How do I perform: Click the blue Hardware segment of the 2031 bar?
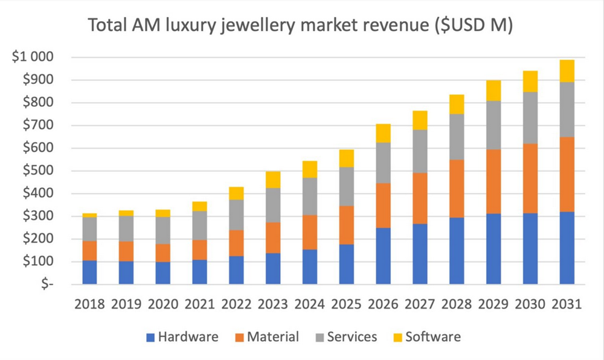coord(567,248)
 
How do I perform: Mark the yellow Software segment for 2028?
coord(457,104)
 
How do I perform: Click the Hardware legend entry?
coord(181,337)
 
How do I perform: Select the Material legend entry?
coord(266,337)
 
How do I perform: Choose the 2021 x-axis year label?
coord(199,304)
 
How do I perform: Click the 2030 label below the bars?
coord(530,304)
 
